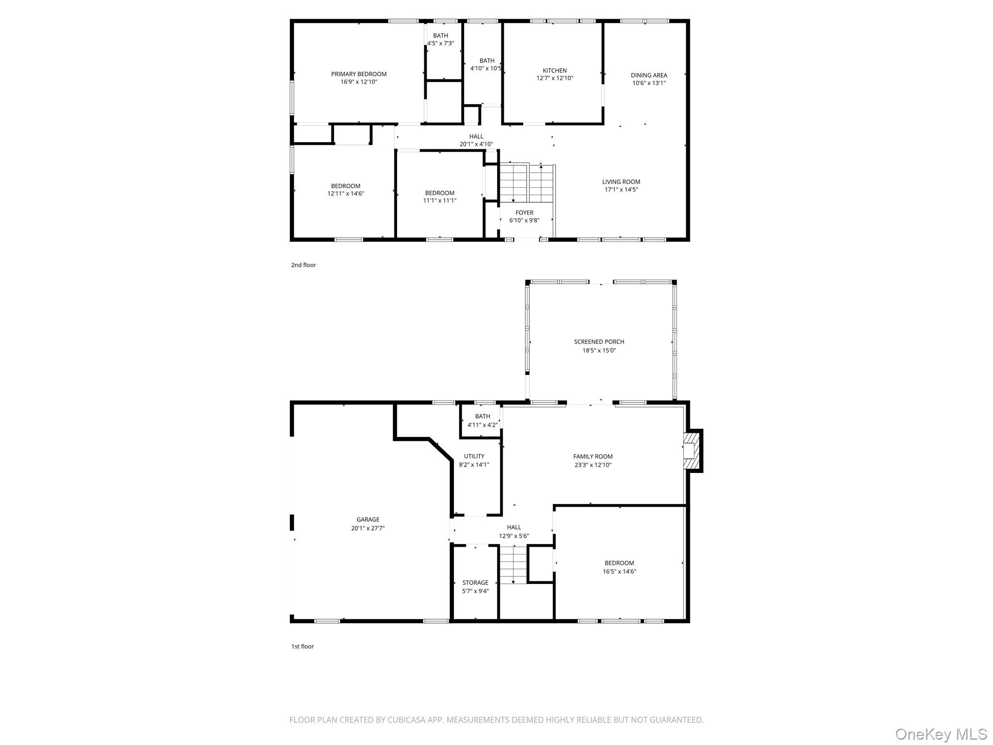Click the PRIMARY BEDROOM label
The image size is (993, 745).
pos(359,74)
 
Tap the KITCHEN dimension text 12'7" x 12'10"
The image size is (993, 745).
pos(555,78)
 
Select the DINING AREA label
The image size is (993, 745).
pos(649,75)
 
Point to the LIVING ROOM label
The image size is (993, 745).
pos(621,182)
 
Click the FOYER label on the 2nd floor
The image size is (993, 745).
pos(524,212)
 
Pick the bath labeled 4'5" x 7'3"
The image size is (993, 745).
pos(440,39)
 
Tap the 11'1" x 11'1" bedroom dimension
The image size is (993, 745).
pos(439,200)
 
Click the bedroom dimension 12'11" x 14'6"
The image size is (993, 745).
pos(345,194)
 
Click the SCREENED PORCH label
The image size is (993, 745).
pos(599,342)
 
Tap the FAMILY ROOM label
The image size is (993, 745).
pos(593,456)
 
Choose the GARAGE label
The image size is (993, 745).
pos(368,519)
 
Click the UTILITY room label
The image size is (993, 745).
pos(474,456)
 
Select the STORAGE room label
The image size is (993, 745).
pos(475,583)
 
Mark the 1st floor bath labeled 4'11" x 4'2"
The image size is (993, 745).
pos(482,421)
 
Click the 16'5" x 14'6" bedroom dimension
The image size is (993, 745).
pos(619,571)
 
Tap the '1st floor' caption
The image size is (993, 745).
pos(303,646)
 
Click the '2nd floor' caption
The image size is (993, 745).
pos(304,265)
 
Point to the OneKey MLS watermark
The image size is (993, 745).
pos(940,734)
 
